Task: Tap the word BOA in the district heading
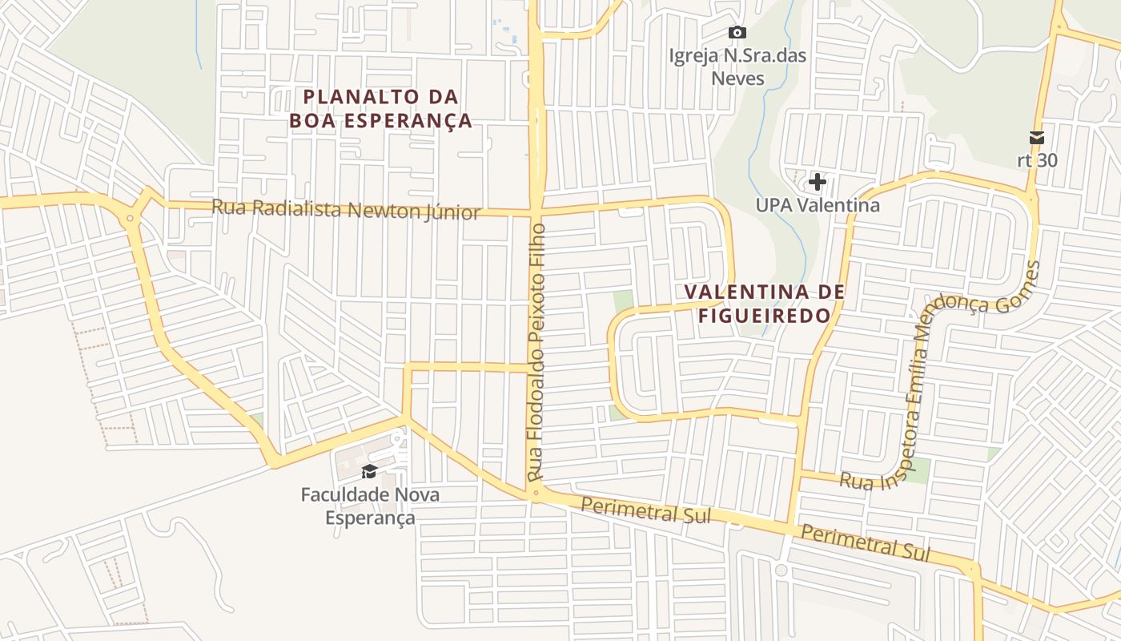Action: (x=314, y=121)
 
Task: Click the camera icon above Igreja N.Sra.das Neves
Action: (x=737, y=33)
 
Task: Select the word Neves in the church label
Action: (x=737, y=79)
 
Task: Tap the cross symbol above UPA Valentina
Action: (x=817, y=182)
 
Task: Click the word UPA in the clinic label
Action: (x=773, y=205)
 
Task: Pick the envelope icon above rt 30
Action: (x=1037, y=138)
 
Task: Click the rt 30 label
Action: (x=1037, y=160)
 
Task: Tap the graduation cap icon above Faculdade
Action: (x=369, y=471)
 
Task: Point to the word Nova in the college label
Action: (x=409, y=494)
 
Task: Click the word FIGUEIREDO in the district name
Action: (x=765, y=316)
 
